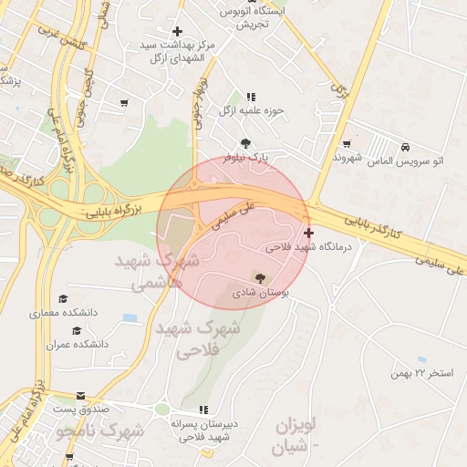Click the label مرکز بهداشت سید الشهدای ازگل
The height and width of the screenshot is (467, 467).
click(x=179, y=51)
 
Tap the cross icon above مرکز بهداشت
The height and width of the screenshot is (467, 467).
click(x=178, y=32)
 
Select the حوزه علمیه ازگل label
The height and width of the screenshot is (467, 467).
click(x=252, y=110)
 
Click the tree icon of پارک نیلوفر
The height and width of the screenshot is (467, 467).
click(x=246, y=142)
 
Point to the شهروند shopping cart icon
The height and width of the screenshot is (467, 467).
click(x=347, y=143)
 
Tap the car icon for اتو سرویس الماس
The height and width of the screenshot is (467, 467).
click(x=404, y=146)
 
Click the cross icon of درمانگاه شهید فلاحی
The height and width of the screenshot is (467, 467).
click(x=309, y=233)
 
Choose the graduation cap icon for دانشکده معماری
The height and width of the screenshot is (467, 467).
click(x=63, y=299)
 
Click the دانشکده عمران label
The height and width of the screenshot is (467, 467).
click(x=78, y=345)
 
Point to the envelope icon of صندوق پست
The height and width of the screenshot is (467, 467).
click(x=82, y=397)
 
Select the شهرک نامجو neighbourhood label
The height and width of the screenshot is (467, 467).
click(x=99, y=430)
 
